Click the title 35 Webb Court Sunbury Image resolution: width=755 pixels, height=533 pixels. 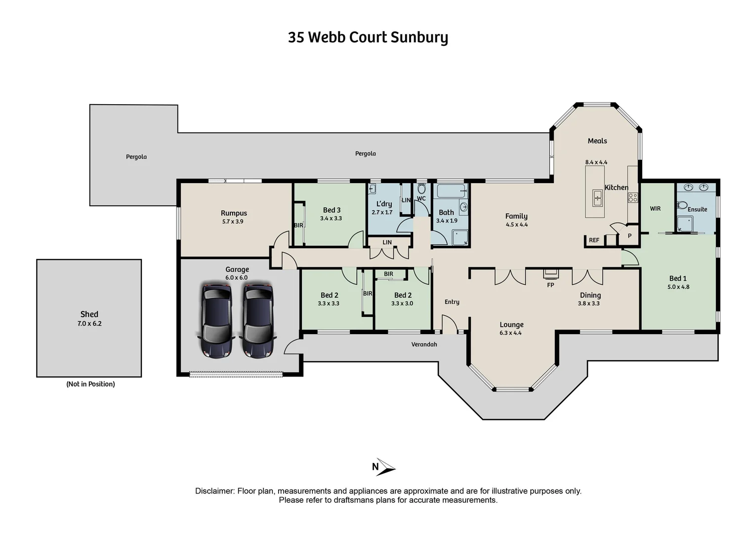(x=368, y=38)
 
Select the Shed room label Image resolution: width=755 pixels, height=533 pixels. (x=89, y=314)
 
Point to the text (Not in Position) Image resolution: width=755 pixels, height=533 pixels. (x=90, y=384)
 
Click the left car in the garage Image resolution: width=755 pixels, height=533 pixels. (x=216, y=320)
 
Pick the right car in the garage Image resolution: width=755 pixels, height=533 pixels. (x=257, y=320)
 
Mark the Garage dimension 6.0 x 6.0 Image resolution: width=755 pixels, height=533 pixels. (x=236, y=278)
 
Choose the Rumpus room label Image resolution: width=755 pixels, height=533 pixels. (x=234, y=213)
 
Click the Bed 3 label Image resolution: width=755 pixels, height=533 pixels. (x=332, y=210)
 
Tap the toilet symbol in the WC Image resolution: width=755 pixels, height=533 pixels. (x=421, y=189)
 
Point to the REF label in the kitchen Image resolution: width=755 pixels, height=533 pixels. (x=594, y=240)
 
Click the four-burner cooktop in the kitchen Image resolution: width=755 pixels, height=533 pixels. (x=633, y=198)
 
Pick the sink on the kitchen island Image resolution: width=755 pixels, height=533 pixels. (x=597, y=197)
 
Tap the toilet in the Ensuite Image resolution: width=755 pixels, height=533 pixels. (x=682, y=205)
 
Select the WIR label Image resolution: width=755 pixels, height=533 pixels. (x=655, y=209)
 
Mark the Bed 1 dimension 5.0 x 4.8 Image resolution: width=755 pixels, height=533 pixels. (x=678, y=287)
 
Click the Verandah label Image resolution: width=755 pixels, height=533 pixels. (x=424, y=344)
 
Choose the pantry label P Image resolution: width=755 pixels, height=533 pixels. (x=629, y=236)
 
